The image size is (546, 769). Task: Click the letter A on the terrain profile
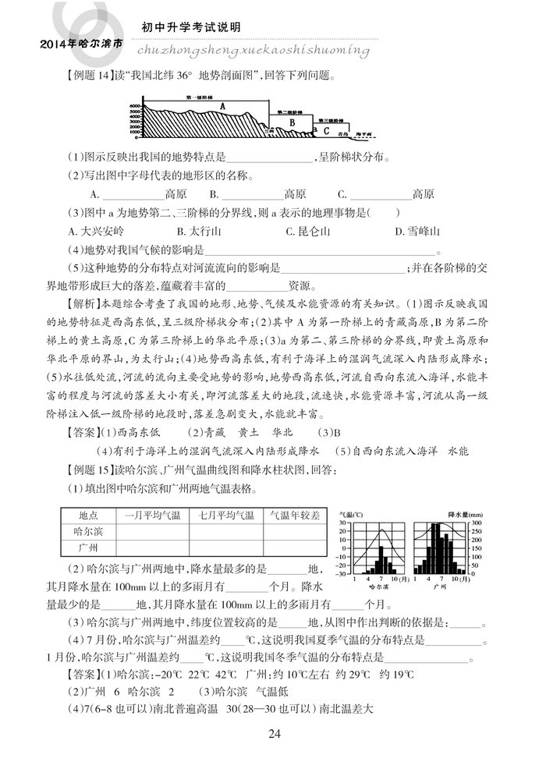coord(222,106)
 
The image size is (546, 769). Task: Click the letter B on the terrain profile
coord(292,122)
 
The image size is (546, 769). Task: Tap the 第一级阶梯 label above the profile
coord(199,97)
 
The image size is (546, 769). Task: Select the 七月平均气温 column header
coord(227,516)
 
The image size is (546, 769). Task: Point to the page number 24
coord(274,733)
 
